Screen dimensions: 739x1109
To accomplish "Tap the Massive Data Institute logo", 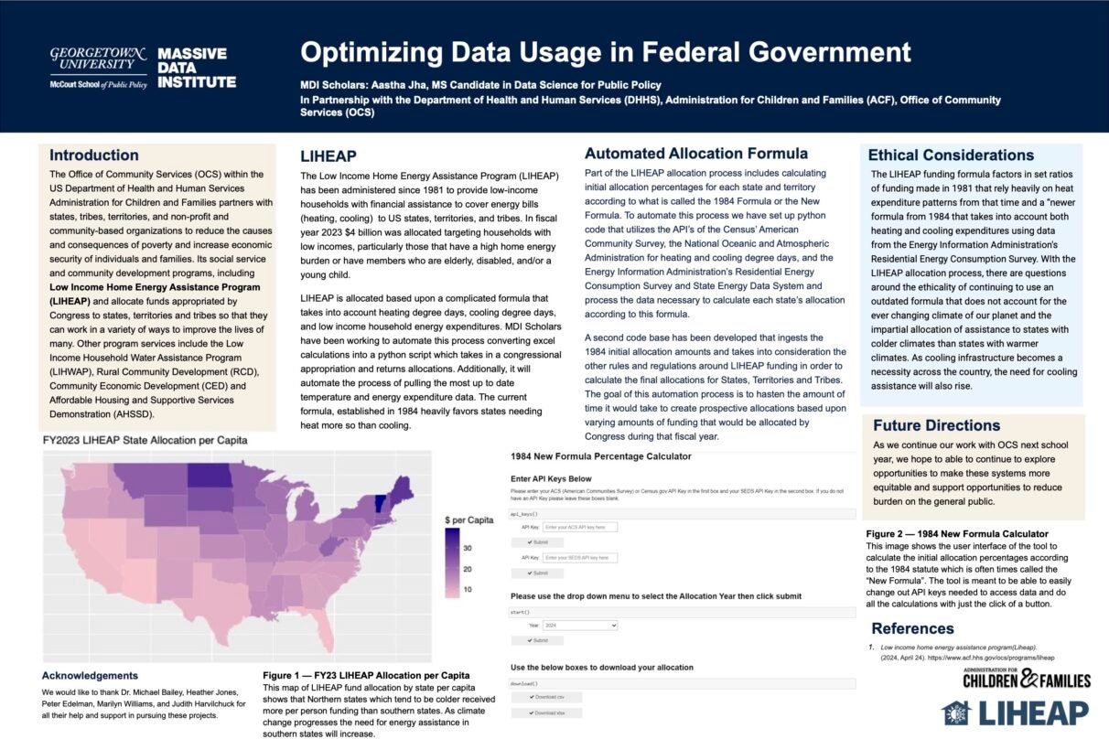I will [196, 68].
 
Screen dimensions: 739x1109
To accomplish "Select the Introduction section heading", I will [94, 155].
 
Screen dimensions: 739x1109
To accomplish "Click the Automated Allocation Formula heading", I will [696, 154].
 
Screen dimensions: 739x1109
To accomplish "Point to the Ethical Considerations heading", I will [951, 155].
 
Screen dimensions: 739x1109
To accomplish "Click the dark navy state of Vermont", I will [379, 504].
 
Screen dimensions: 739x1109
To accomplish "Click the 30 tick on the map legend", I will [468, 548].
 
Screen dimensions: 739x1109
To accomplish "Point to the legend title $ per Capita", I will [468, 519].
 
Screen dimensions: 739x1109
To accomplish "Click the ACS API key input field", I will [579, 528].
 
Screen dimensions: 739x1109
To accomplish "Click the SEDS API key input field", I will [579, 558].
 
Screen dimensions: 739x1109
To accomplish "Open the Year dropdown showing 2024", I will [579, 626].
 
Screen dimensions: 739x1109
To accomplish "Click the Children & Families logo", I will [1027, 678].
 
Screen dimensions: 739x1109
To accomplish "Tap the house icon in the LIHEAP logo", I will [956, 713].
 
